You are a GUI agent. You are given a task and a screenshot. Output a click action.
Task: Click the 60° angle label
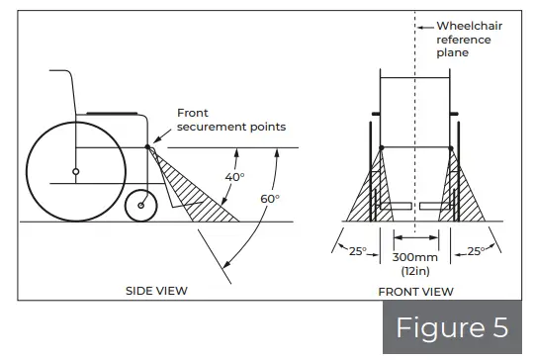[x=271, y=199]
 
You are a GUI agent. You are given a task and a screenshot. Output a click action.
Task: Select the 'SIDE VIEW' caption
[x=157, y=291]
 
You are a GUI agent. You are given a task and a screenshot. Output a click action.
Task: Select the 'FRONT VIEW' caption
[x=415, y=292]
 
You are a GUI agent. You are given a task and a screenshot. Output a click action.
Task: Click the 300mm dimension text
[x=415, y=259]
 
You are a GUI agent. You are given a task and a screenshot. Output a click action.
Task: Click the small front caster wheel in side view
[x=143, y=206]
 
